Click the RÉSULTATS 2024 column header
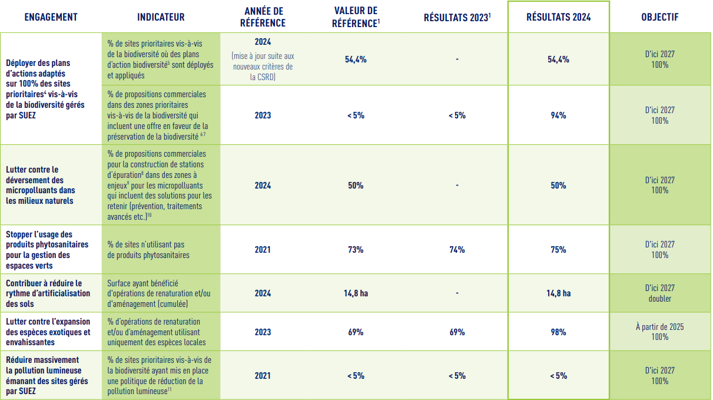pos(558,17)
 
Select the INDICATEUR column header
pos(161,17)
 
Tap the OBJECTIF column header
pos(659,17)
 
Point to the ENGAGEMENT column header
pos(51,17)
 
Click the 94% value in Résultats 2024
pos(558,115)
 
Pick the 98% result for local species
pos(558,332)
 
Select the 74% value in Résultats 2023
pos(457,250)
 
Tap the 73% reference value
pos(356,250)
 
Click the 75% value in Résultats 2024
pos(558,250)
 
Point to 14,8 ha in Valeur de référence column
pos(356,293)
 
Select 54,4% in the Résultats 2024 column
pos(558,59)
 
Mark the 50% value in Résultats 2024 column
pos(558,186)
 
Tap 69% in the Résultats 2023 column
pos(457,332)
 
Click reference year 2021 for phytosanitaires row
pos(263,250)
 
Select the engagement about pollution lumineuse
pos(47,375)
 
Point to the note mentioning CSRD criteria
pos(263,66)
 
